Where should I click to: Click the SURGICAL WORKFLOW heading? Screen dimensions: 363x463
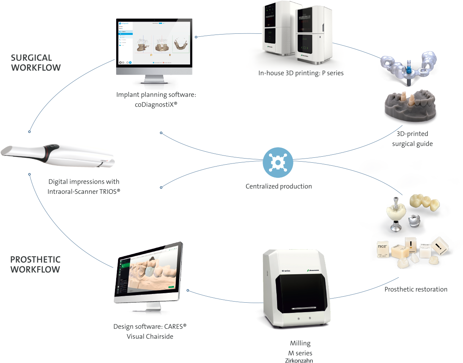(x=35, y=63)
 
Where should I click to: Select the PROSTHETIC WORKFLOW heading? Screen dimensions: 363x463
(x=35, y=264)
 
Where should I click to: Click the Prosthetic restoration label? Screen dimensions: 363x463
(x=416, y=289)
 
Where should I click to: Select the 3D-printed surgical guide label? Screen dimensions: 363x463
(x=412, y=139)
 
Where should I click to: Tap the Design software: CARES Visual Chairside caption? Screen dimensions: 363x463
(x=150, y=331)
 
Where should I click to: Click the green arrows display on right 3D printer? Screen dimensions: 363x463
(x=305, y=48)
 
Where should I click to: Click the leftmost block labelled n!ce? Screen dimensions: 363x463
(x=382, y=249)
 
